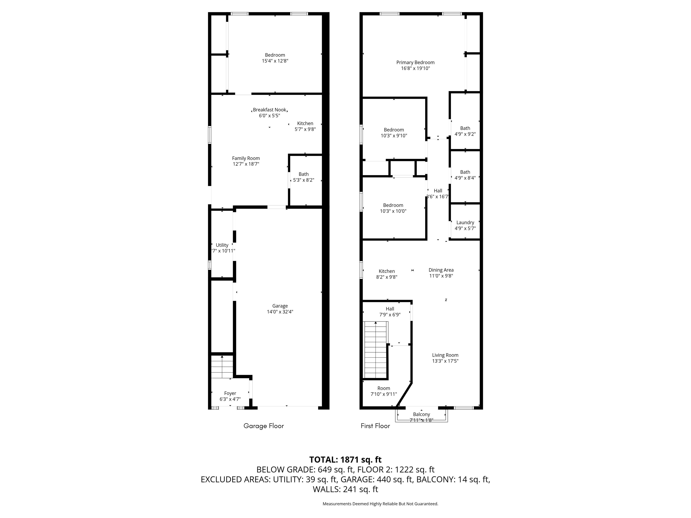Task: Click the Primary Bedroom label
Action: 415,63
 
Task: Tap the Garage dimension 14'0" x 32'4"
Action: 280,312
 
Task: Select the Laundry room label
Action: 465,223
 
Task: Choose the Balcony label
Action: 421,414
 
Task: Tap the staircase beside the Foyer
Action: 222,366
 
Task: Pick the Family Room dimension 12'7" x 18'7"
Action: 246,164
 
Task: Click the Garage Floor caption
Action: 264,426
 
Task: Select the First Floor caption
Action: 375,426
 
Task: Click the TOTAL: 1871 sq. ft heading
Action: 345,460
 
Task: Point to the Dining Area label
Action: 441,270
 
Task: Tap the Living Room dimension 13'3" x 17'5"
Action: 445,361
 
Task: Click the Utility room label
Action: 222,245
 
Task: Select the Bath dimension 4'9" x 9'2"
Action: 465,134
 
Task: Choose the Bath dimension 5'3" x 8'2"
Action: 304,180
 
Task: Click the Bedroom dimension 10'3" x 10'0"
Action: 393,211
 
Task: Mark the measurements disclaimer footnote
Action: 381,504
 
